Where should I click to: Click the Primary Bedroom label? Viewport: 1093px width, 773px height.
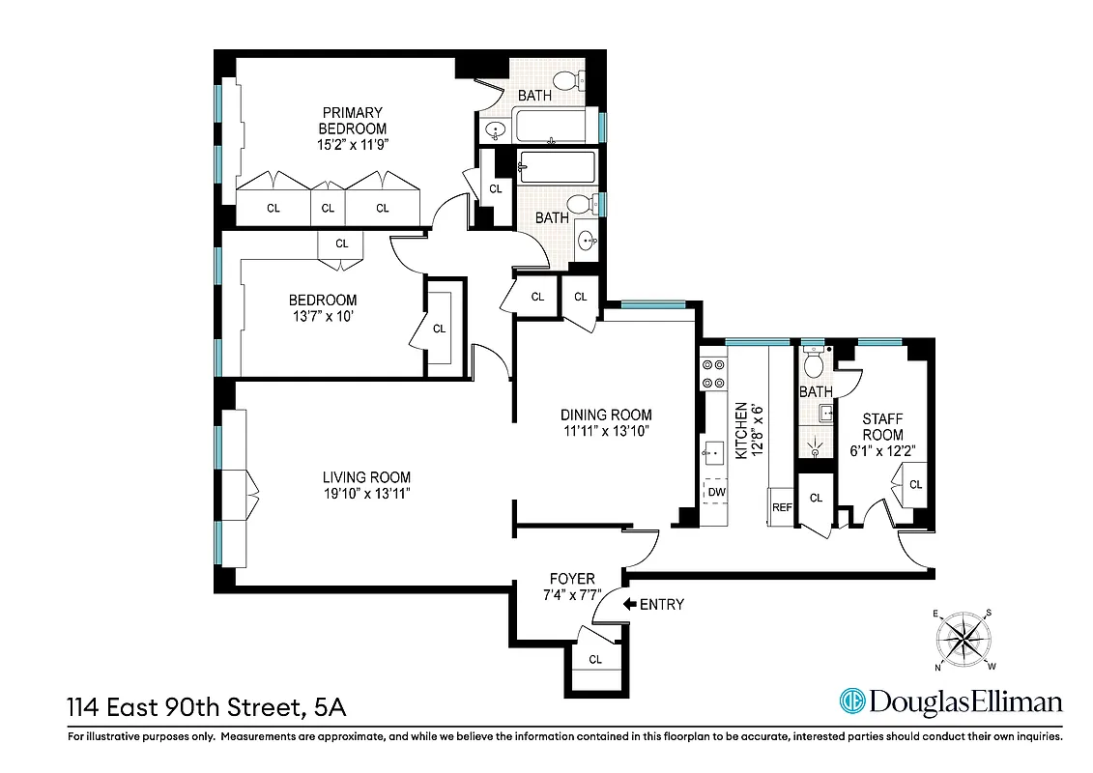pos(353,120)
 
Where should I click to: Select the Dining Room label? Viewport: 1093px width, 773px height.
pos(609,415)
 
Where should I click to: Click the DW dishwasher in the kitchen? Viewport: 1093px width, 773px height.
pos(716,492)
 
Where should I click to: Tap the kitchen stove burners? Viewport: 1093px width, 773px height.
pos(714,373)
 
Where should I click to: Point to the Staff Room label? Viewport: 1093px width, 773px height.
pos(882,427)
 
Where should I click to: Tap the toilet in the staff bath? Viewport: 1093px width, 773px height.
pos(814,363)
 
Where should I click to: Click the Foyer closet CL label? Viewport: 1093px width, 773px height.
pos(595,660)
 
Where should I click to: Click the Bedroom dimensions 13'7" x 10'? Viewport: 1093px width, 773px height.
pos(323,317)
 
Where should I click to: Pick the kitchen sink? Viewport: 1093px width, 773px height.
pos(714,451)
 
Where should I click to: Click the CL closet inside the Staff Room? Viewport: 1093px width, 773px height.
pos(915,484)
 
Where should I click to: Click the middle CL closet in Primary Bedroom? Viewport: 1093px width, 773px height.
pos(328,208)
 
